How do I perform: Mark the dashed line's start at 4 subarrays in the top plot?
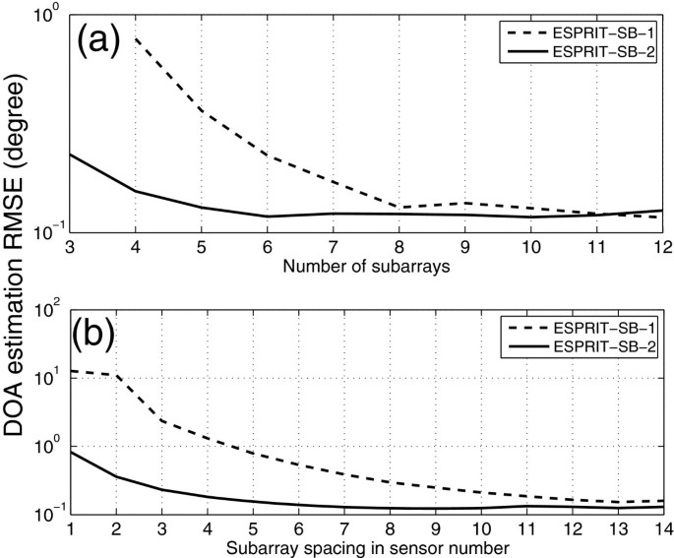[135, 38]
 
